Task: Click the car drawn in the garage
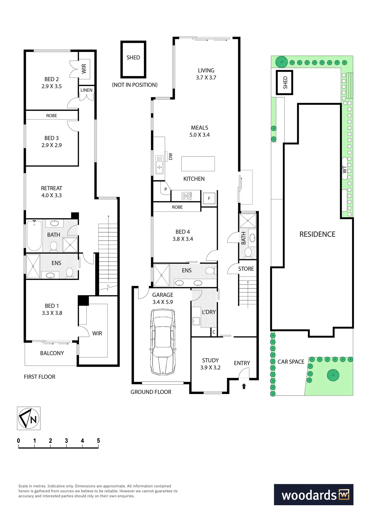click(x=163, y=342)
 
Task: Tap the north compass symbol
click(x=29, y=418)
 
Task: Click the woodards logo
click(x=313, y=495)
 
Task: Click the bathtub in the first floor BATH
click(x=34, y=236)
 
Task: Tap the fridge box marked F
click(x=209, y=198)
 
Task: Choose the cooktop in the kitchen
click(x=187, y=196)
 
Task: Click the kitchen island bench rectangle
click(x=198, y=164)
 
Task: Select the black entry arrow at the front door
click(x=244, y=386)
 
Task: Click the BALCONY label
click(x=52, y=353)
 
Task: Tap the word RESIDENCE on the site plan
click(x=317, y=234)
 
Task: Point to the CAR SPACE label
click(x=291, y=362)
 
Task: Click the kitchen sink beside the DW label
click(x=159, y=165)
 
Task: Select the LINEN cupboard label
click(x=86, y=90)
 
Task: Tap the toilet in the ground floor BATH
click(x=248, y=252)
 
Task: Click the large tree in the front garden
click(x=333, y=375)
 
